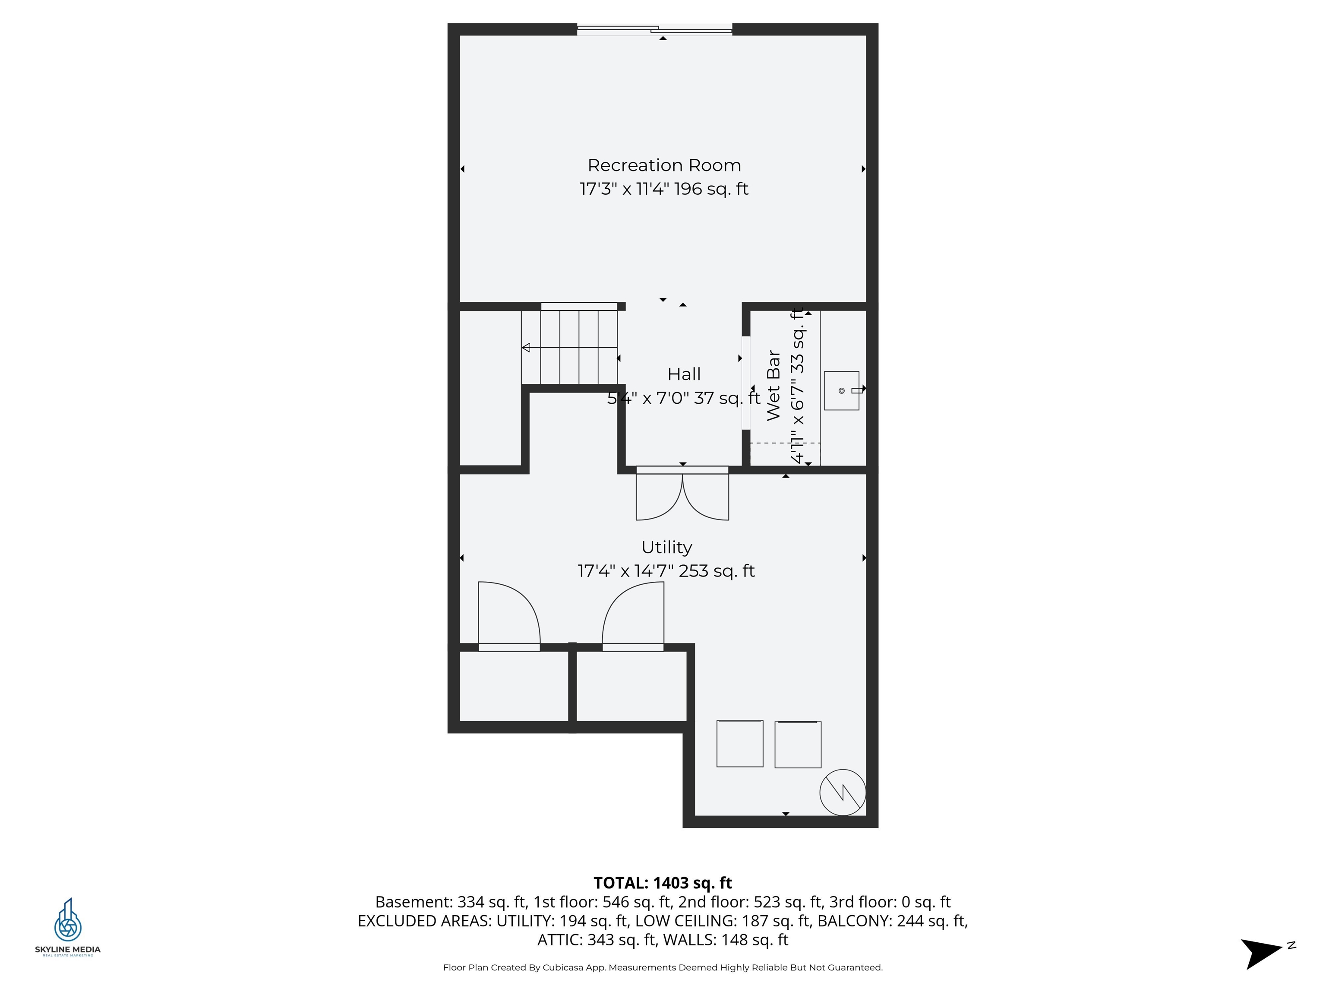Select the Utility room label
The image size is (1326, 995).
(x=666, y=547)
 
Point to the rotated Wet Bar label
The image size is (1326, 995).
(x=773, y=386)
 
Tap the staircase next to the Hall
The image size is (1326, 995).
(x=569, y=347)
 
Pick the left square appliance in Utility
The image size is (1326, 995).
(x=740, y=744)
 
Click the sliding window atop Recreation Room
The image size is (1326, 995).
(x=655, y=29)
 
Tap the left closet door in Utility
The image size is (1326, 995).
(x=509, y=615)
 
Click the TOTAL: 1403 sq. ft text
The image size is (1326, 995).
(x=663, y=883)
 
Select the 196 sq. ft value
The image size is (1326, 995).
(x=711, y=189)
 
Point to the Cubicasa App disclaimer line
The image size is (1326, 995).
(x=663, y=967)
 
